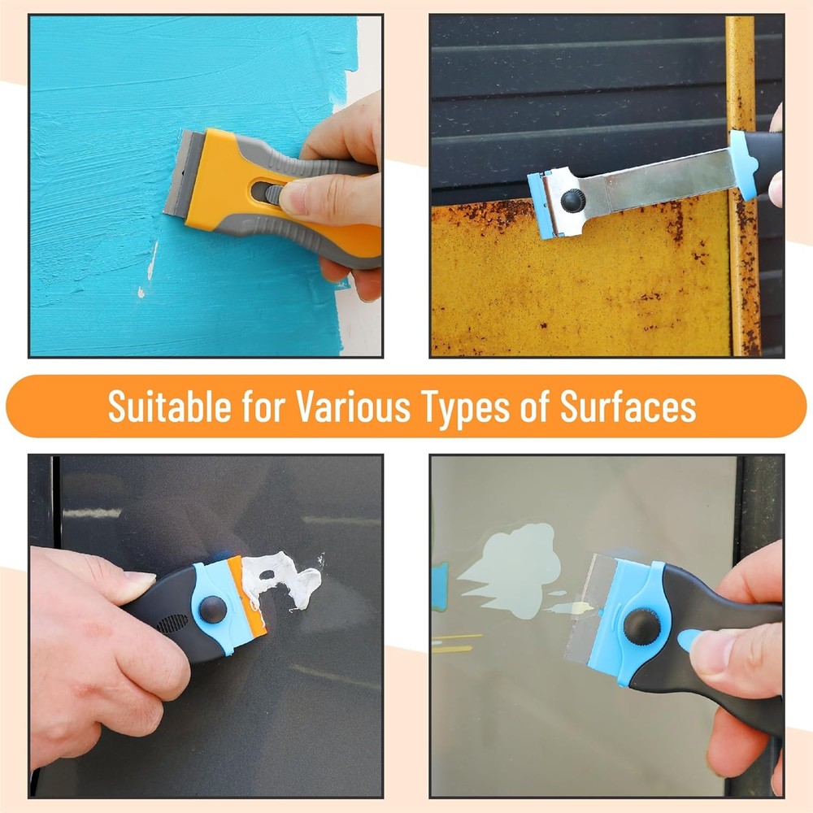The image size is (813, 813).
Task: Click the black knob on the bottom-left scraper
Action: (214, 609)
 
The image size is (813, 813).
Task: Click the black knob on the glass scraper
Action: (641, 625)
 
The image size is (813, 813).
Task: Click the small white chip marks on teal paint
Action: (150, 264)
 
